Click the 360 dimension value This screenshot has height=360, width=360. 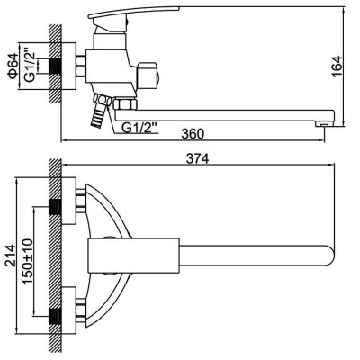click(x=193, y=134)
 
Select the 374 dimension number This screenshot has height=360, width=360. click(x=197, y=158)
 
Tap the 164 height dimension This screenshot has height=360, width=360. click(x=337, y=67)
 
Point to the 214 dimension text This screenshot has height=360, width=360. click(x=11, y=256)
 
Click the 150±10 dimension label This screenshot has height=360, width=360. click(x=28, y=261)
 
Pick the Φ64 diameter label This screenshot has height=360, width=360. click(x=13, y=67)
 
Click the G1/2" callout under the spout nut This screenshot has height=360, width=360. click(x=139, y=128)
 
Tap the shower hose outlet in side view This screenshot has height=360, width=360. click(x=98, y=111)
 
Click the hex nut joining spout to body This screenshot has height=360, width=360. click(x=125, y=104)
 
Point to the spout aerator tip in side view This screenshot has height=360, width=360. click(x=323, y=123)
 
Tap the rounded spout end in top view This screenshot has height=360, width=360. click(x=329, y=256)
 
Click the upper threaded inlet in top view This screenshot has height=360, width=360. click(x=55, y=207)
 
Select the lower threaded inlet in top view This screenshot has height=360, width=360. click(x=55, y=317)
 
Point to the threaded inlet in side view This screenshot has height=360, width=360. click(x=55, y=67)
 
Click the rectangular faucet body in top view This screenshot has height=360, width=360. click(x=133, y=256)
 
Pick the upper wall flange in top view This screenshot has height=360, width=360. click(x=68, y=201)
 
